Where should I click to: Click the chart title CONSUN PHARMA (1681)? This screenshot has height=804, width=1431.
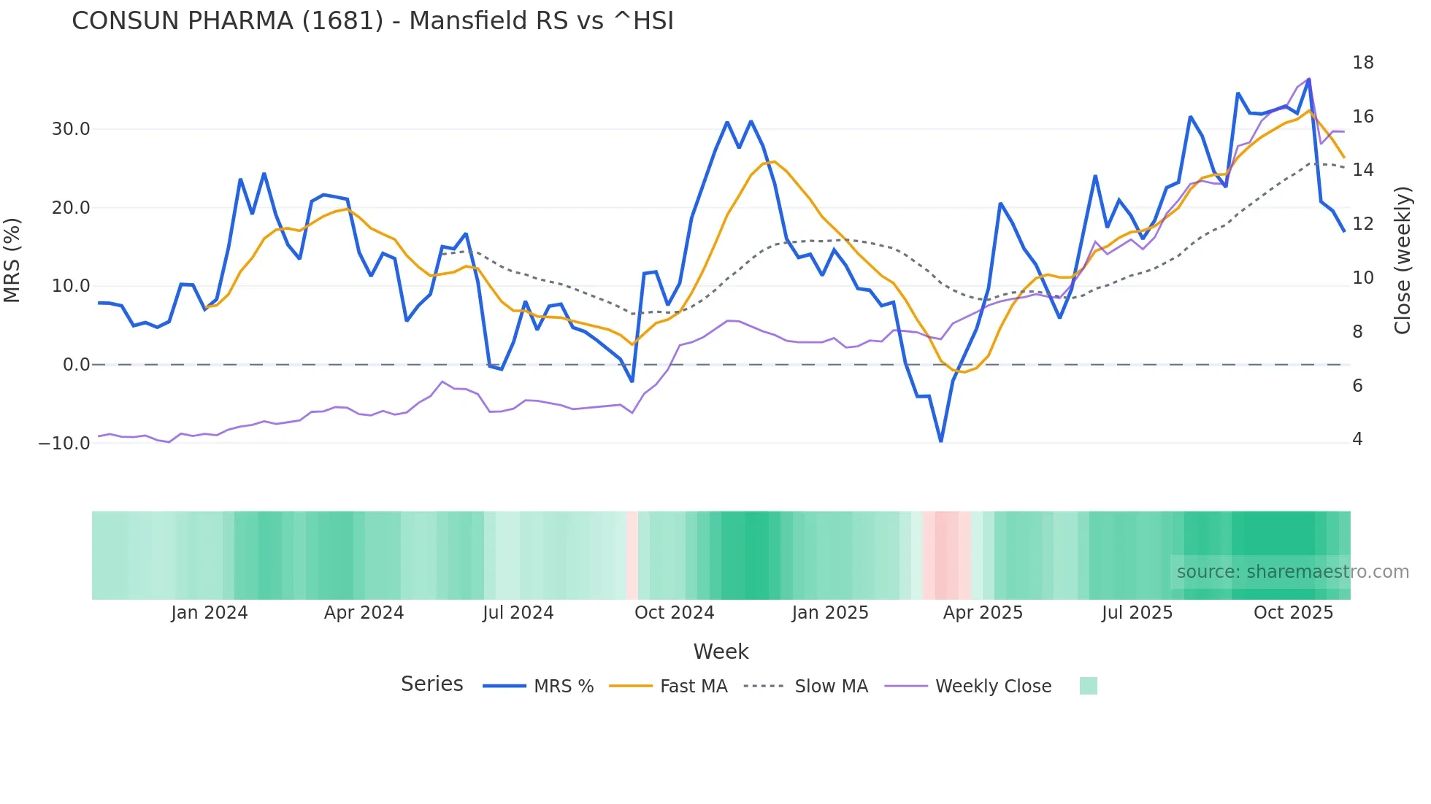point(372,21)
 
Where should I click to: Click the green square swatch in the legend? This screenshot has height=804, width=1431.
point(1088,686)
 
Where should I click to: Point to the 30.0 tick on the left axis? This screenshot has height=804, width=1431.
point(71,129)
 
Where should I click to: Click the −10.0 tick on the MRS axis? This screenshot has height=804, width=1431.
point(64,443)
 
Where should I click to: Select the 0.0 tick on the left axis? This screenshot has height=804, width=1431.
point(76,365)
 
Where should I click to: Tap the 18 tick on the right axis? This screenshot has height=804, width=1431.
point(1362,63)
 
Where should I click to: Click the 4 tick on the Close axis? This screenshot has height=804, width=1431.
point(1357,439)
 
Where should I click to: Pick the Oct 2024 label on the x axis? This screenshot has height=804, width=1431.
point(674,613)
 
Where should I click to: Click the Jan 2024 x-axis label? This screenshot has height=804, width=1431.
point(210,613)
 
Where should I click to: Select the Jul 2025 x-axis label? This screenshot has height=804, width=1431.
point(1137,613)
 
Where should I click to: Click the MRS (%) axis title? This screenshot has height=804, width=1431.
point(12,260)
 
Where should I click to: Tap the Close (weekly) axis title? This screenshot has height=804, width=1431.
point(1402,260)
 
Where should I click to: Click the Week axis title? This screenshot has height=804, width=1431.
point(721,652)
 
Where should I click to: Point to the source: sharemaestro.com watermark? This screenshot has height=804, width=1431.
point(1292,572)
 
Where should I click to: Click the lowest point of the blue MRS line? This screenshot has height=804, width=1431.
point(941,441)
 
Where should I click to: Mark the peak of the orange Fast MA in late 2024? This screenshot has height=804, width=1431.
point(774,161)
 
